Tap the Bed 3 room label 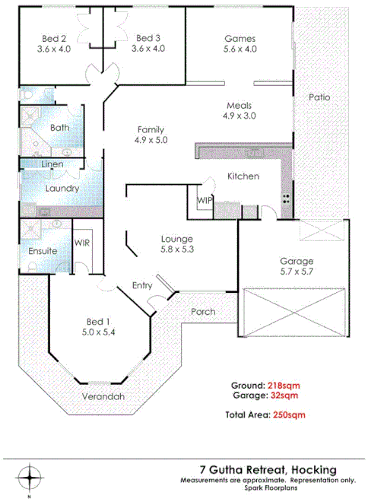click(x=148, y=38)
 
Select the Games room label click(x=240, y=38)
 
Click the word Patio click(x=319, y=97)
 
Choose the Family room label click(x=150, y=129)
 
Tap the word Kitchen click(x=243, y=176)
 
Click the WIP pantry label click(x=205, y=200)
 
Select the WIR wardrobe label click(x=82, y=243)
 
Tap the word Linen click(x=52, y=164)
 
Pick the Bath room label click(x=60, y=129)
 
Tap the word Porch click(x=202, y=312)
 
